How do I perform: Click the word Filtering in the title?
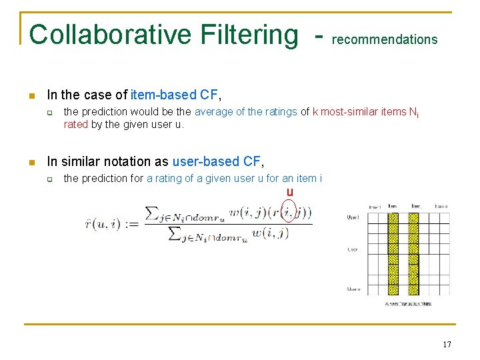(246, 35)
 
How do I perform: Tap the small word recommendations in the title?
(385, 39)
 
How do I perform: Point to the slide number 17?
(447, 345)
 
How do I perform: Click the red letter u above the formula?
(289, 193)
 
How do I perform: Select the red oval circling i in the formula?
(288, 213)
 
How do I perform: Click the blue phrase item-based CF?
(174, 95)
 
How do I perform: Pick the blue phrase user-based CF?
(217, 161)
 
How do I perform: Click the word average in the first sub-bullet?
(214, 112)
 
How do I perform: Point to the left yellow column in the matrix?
(393, 253)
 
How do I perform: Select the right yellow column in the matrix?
(413, 253)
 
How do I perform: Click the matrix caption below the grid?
(408, 304)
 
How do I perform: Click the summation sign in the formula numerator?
(153, 213)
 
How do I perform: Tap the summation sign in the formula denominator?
(175, 234)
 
